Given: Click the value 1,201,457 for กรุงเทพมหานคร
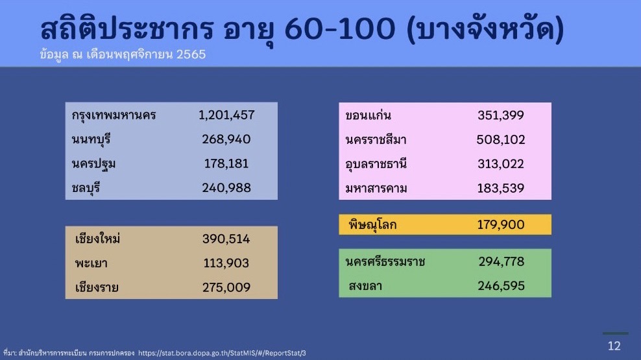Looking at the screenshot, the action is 226,115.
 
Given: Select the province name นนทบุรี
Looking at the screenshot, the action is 91,139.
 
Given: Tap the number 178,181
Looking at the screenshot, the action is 226,163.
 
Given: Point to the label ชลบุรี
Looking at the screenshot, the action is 86,188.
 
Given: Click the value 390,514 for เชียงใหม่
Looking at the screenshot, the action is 226,239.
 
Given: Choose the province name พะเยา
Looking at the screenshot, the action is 91,263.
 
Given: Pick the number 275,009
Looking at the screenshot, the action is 226,287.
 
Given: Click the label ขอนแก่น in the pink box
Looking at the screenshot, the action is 368,115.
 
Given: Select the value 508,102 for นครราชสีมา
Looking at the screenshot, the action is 501,139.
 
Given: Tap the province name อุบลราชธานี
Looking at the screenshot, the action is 376,164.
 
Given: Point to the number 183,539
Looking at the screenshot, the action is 501,188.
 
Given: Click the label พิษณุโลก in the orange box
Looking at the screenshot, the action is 372,224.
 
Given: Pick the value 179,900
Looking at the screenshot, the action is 501,224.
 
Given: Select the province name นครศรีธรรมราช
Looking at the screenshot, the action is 385,261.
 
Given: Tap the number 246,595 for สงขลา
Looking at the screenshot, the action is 502,285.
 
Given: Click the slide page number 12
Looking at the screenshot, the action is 614,346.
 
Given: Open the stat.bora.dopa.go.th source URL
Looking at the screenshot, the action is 222,353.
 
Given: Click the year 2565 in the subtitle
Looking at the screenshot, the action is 191,54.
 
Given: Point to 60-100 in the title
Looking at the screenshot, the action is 340,29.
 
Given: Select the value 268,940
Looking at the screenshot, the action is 226,139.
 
